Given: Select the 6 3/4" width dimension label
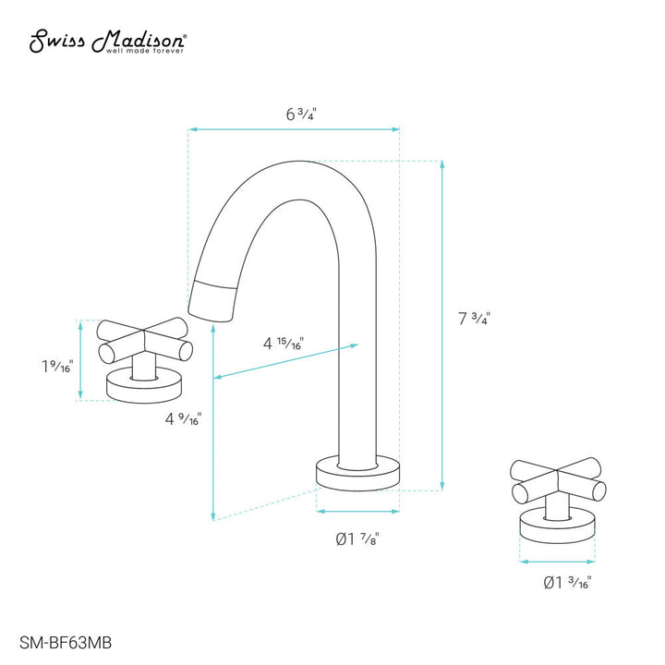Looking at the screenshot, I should pyautogui.click(x=300, y=115).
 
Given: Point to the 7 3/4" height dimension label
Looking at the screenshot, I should pyautogui.click(x=474, y=319).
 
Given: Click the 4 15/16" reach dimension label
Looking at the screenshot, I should pyautogui.click(x=283, y=344).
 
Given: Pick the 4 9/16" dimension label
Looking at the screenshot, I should pyautogui.click(x=183, y=419).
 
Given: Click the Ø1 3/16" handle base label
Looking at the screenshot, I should pyautogui.click(x=567, y=583).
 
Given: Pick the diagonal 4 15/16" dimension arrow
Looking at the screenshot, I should pyautogui.click(x=286, y=361).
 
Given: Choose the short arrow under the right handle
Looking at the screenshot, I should pyautogui.click(x=557, y=561).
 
